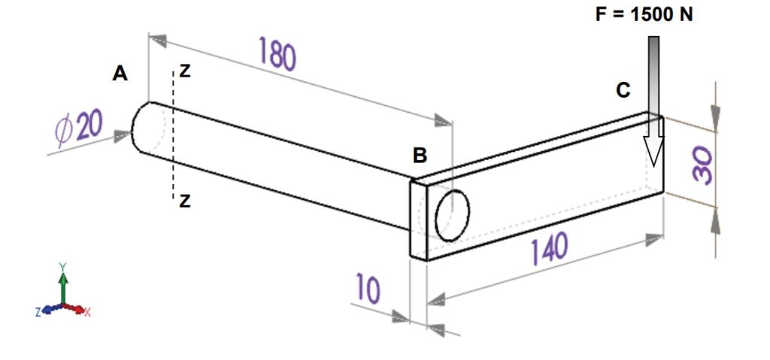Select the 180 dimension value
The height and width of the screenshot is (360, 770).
[277, 55]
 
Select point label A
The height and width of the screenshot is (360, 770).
[120, 74]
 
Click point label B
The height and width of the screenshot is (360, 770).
[420, 156]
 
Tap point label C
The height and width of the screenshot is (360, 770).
[623, 90]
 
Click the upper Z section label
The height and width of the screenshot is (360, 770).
[185, 72]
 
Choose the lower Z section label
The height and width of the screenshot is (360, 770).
[185, 201]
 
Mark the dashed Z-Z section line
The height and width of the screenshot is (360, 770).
[173, 135]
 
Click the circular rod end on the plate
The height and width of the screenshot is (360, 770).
[453, 215]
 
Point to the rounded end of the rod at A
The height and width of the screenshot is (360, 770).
[140, 126]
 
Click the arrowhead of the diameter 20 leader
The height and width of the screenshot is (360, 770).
[123, 136]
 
